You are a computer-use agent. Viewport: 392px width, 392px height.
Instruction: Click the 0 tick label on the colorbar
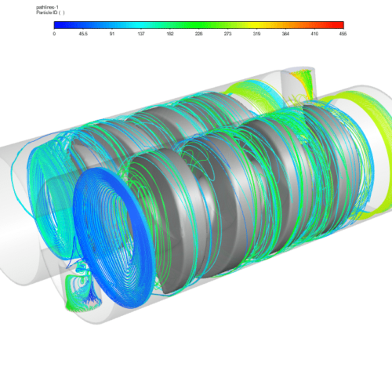pyautogui.click(x=54, y=34)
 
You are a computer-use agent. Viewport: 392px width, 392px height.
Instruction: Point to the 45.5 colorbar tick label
pyautogui.click(x=83, y=34)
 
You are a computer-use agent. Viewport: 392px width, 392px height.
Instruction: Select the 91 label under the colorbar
pyautogui.click(x=112, y=34)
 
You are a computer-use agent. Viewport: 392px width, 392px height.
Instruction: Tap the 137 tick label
pyautogui.click(x=141, y=34)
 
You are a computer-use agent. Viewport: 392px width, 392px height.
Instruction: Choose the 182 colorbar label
pyautogui.click(x=170, y=34)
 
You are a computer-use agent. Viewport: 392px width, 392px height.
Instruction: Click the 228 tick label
pyautogui.click(x=198, y=34)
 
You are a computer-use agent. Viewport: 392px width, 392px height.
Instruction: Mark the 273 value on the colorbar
pyautogui.click(x=227, y=34)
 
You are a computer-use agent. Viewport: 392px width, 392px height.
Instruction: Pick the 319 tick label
pyautogui.click(x=256, y=34)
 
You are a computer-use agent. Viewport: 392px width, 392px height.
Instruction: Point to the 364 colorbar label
pyautogui.click(x=285, y=34)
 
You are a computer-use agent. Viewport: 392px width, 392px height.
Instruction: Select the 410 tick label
pyautogui.click(x=314, y=34)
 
